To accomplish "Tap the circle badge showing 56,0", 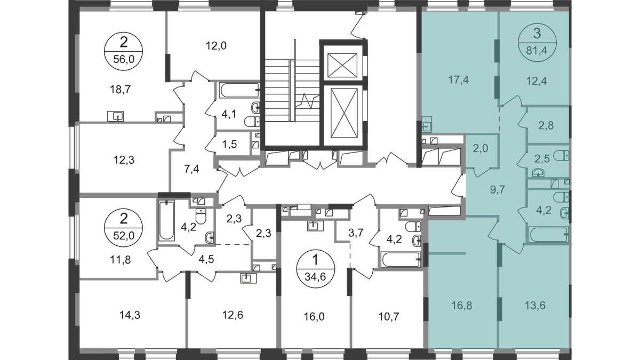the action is tap(123, 51).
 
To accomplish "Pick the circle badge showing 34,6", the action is tap(315, 269).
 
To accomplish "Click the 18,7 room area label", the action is tap(121, 90).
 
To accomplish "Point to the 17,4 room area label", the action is tap(458, 81).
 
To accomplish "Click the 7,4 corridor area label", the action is tap(191, 170).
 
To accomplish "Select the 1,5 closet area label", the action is tap(229, 145).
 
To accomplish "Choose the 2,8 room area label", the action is tap(546, 125).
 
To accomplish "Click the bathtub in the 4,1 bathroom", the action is tap(239, 90).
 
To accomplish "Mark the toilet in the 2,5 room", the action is tap(562, 156).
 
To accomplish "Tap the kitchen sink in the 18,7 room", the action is tap(115, 116).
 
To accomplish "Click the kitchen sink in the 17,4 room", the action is tap(427, 124).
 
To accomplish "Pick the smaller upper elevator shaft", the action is tap(342, 65).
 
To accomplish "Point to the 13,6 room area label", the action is tap(535, 306).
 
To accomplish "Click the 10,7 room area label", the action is tap(389, 317).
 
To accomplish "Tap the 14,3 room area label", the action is tap(130, 315).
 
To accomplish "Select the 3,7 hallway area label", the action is tap(356, 233).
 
